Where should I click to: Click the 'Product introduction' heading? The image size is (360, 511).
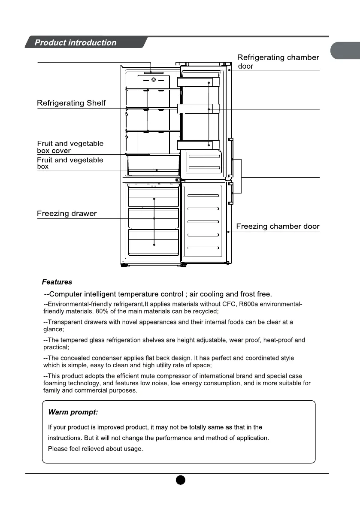pyautogui.click(x=76, y=42)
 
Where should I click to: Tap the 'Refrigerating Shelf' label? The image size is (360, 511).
pyautogui.click(x=71, y=103)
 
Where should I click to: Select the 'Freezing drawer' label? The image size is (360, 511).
pyautogui.click(x=67, y=214)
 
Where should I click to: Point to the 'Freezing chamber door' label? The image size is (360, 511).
pyautogui.click(x=278, y=227)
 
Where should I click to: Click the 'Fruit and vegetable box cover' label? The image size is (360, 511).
pyautogui.click(x=70, y=147)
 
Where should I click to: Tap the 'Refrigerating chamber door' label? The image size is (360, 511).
pyautogui.click(x=278, y=61)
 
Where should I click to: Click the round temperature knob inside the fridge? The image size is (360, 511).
pyautogui.click(x=154, y=80)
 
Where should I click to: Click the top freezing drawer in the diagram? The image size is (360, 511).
pyautogui.click(x=154, y=197)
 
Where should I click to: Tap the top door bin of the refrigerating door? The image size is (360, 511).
pyautogui.click(x=199, y=82)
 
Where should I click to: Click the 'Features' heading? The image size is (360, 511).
pyautogui.click(x=57, y=282)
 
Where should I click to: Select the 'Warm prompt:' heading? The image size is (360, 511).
pyautogui.click(x=73, y=412)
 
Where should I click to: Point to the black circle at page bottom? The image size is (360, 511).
pyautogui.click(x=180, y=480)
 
